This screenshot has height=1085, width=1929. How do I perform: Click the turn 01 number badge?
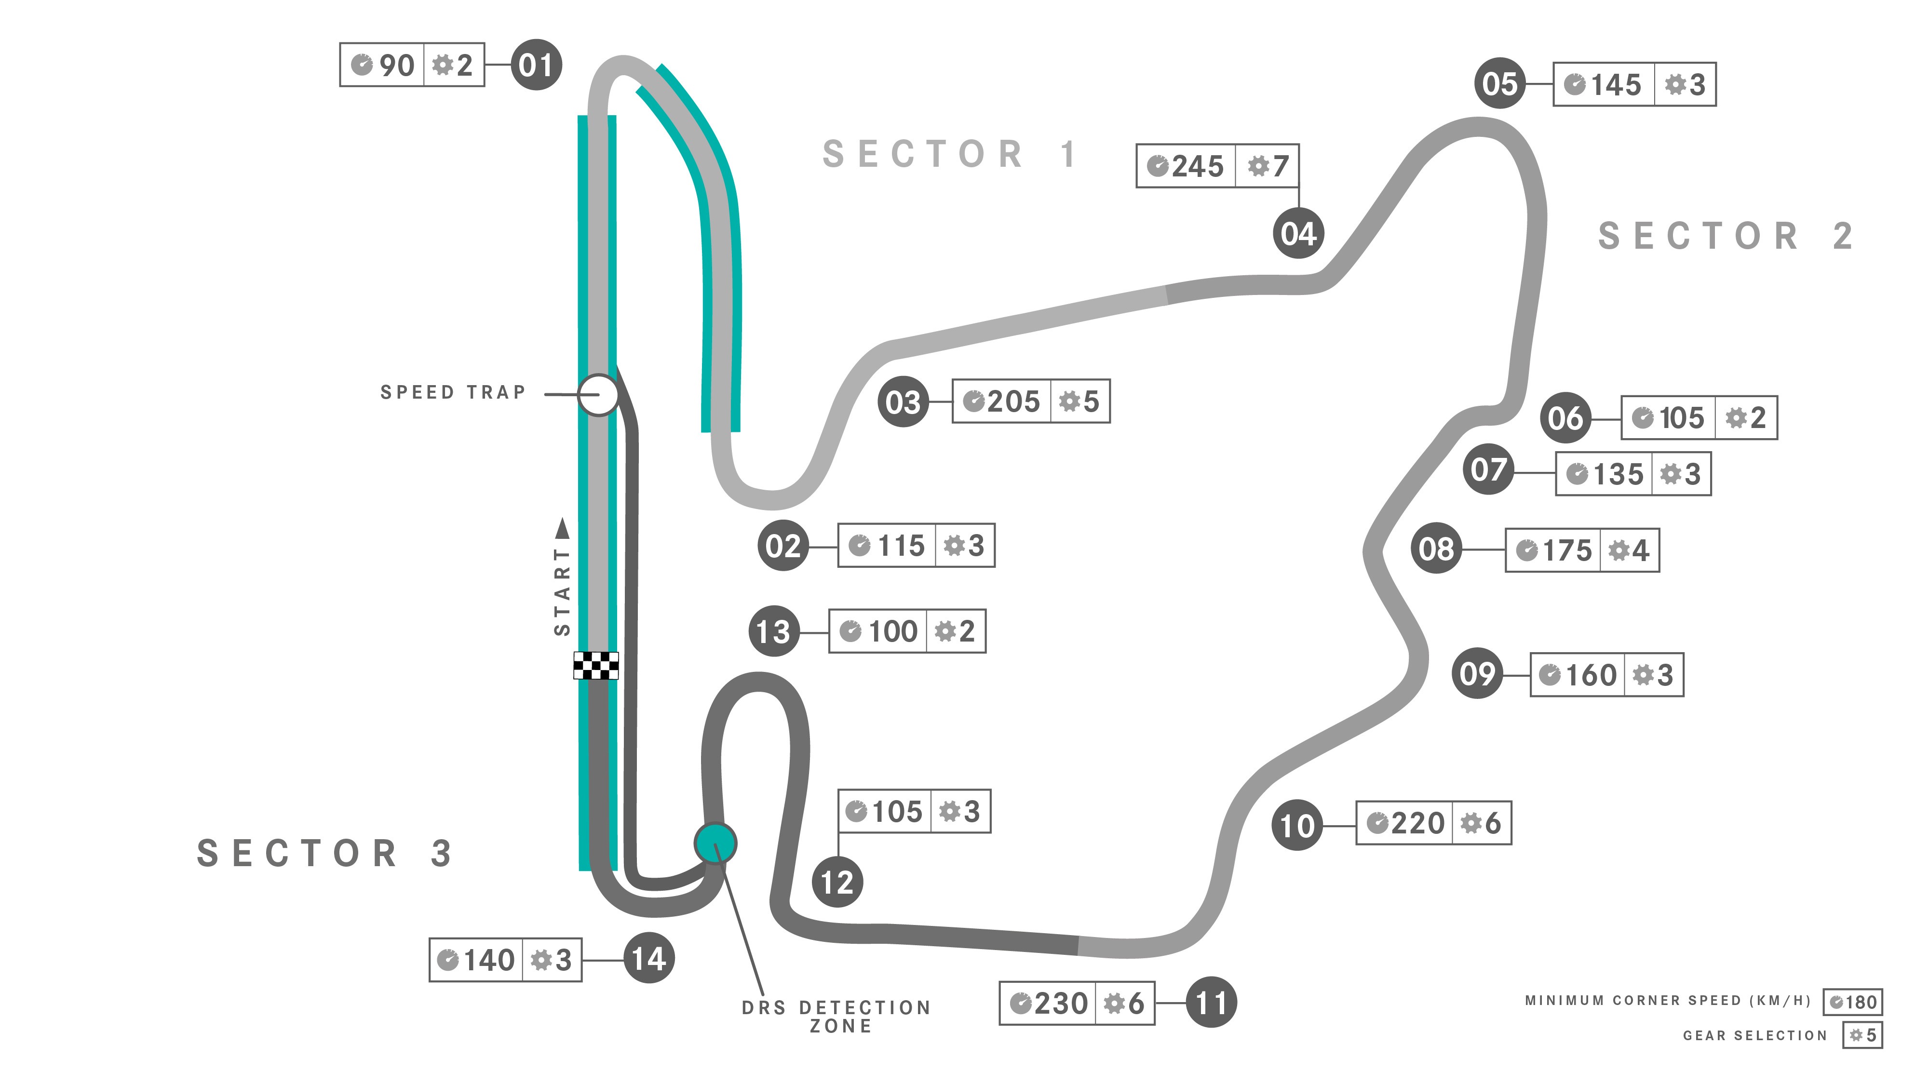pyautogui.click(x=536, y=65)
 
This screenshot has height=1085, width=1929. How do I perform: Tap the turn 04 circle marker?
pyautogui.click(x=1298, y=234)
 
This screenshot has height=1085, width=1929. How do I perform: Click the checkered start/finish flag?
pyautogui.click(x=596, y=665)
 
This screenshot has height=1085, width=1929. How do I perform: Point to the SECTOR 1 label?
pyautogui.click(x=949, y=154)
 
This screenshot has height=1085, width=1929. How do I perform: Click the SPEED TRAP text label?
pyautogui.click(x=453, y=392)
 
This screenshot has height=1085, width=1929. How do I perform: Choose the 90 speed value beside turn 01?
pyautogui.click(x=397, y=65)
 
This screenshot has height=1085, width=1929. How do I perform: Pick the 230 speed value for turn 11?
pyautogui.click(x=1060, y=1003)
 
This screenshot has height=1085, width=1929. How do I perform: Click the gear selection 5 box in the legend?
pyautogui.click(x=1863, y=1035)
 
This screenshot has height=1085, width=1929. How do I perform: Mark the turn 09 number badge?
pyautogui.click(x=1477, y=674)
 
